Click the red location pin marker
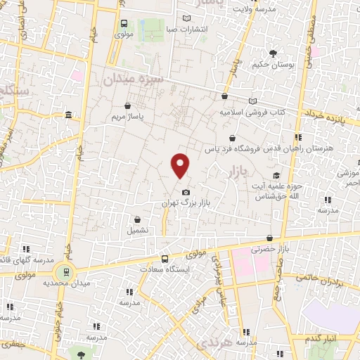tap(181, 166)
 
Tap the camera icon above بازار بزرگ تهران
tap(186, 192)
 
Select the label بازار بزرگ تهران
tap(186, 202)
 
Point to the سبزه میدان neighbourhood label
tap(134, 79)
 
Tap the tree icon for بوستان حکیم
tap(274, 53)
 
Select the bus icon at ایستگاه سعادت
tap(165, 258)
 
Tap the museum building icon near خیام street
tap(67, 115)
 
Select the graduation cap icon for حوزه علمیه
tap(276, 175)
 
